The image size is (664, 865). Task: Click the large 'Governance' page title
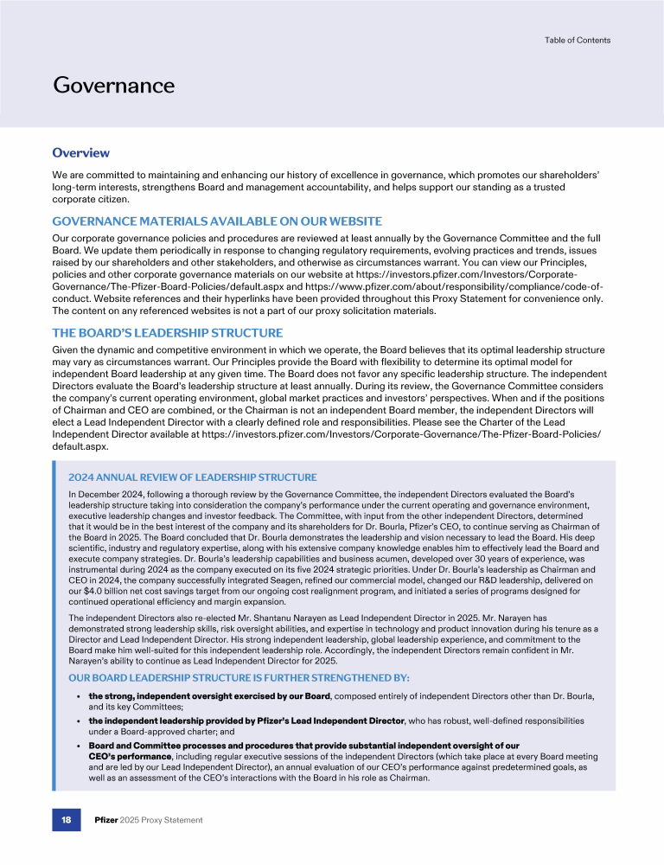point(114,85)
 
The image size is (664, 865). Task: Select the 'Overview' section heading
point(80,153)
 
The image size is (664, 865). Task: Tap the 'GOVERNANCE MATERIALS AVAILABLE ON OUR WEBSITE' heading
point(217,221)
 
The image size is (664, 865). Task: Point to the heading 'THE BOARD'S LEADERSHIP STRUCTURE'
point(168,332)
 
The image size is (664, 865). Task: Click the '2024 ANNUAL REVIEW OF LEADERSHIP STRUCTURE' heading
point(192,477)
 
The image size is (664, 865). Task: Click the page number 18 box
point(66,819)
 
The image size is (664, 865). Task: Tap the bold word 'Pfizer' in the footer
point(107,819)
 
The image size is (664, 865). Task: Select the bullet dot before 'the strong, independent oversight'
point(79,695)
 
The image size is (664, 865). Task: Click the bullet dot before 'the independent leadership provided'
point(79,721)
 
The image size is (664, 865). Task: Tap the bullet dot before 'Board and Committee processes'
point(79,745)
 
